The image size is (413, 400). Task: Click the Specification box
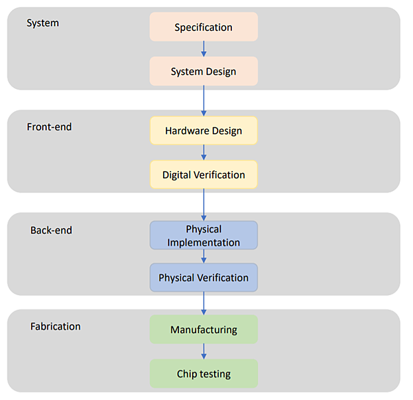pos(204,28)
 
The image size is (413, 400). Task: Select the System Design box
pos(204,72)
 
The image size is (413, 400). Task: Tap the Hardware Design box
pos(204,130)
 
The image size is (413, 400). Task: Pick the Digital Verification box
pos(204,174)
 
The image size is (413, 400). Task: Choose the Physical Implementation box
pos(204,235)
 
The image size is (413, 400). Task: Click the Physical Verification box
pos(204,277)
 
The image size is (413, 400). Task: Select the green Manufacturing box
pos(204,330)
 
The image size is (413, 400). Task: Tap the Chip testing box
pos(204,374)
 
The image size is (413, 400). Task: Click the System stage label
pos(43,23)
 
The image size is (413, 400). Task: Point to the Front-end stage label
pos(50,127)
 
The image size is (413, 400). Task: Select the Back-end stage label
pos(51,230)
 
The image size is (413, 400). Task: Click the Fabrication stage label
pos(55,326)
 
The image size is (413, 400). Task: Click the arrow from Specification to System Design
pos(204,49)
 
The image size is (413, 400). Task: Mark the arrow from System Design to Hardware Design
pos(204,101)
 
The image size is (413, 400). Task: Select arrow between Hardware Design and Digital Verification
pos(204,152)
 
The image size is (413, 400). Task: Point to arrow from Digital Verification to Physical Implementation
pos(204,205)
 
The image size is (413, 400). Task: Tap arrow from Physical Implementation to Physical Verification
pos(204,257)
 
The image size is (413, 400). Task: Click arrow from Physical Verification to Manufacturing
pos(204,303)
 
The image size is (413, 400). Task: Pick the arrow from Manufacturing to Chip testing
pos(204,352)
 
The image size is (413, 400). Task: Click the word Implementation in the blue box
pos(204,242)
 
